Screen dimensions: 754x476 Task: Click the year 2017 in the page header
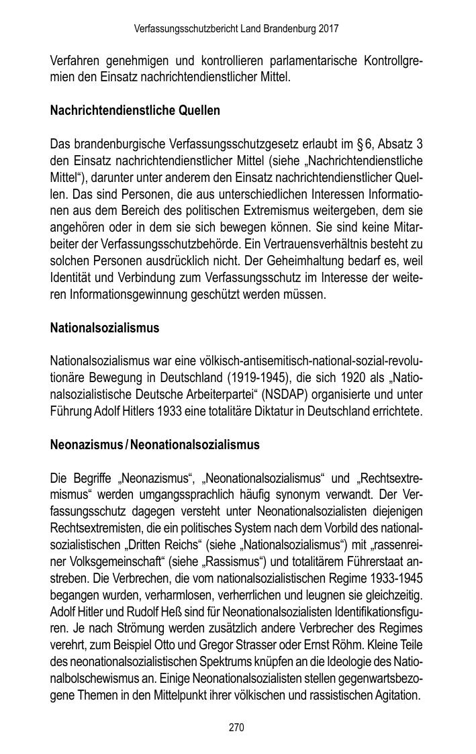pos(328,30)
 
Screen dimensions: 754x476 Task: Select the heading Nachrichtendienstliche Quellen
pos(135,111)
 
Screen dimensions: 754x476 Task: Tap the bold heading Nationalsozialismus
pos(105,328)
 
